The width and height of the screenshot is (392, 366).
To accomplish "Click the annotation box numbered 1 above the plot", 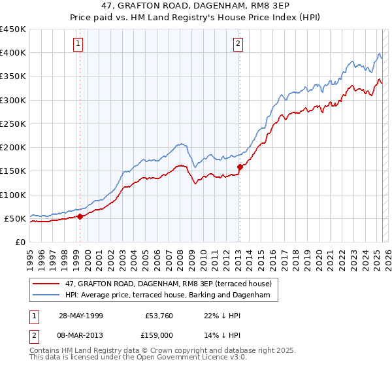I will pyautogui.click(x=78, y=44).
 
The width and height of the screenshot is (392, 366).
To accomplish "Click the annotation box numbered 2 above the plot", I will pyautogui.click(x=238, y=44).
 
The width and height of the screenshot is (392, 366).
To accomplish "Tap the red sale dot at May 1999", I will pyautogui.click(x=80, y=216).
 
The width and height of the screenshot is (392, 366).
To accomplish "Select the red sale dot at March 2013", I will pyautogui.click(x=239, y=167).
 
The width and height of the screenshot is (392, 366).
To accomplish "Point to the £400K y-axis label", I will pyautogui.click(x=13, y=53).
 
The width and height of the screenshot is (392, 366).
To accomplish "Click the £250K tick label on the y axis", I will pyautogui.click(x=13, y=124).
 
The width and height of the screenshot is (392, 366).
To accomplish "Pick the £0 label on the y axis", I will pyautogui.click(x=21, y=242).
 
